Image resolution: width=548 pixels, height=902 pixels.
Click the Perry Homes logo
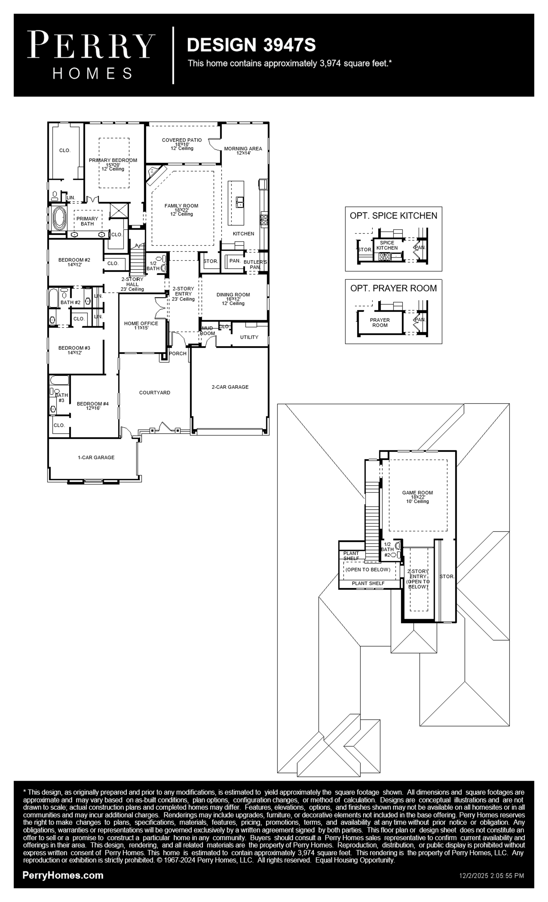(x=91, y=55)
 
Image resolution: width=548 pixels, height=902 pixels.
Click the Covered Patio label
(x=182, y=140)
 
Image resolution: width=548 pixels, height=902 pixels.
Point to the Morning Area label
(x=243, y=149)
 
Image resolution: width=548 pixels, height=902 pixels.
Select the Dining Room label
(x=233, y=295)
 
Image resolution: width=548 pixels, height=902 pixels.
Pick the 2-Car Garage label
(x=230, y=387)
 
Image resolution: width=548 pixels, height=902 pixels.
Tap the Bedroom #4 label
(x=93, y=404)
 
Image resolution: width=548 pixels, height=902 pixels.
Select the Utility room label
(x=249, y=337)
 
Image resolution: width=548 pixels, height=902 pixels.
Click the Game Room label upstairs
(x=418, y=493)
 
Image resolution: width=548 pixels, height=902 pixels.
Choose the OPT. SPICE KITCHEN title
(x=393, y=216)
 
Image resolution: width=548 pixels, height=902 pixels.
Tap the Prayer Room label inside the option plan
(x=380, y=323)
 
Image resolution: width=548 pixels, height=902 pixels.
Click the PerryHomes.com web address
(x=63, y=875)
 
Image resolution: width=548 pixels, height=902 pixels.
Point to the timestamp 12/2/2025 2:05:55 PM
(x=492, y=876)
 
